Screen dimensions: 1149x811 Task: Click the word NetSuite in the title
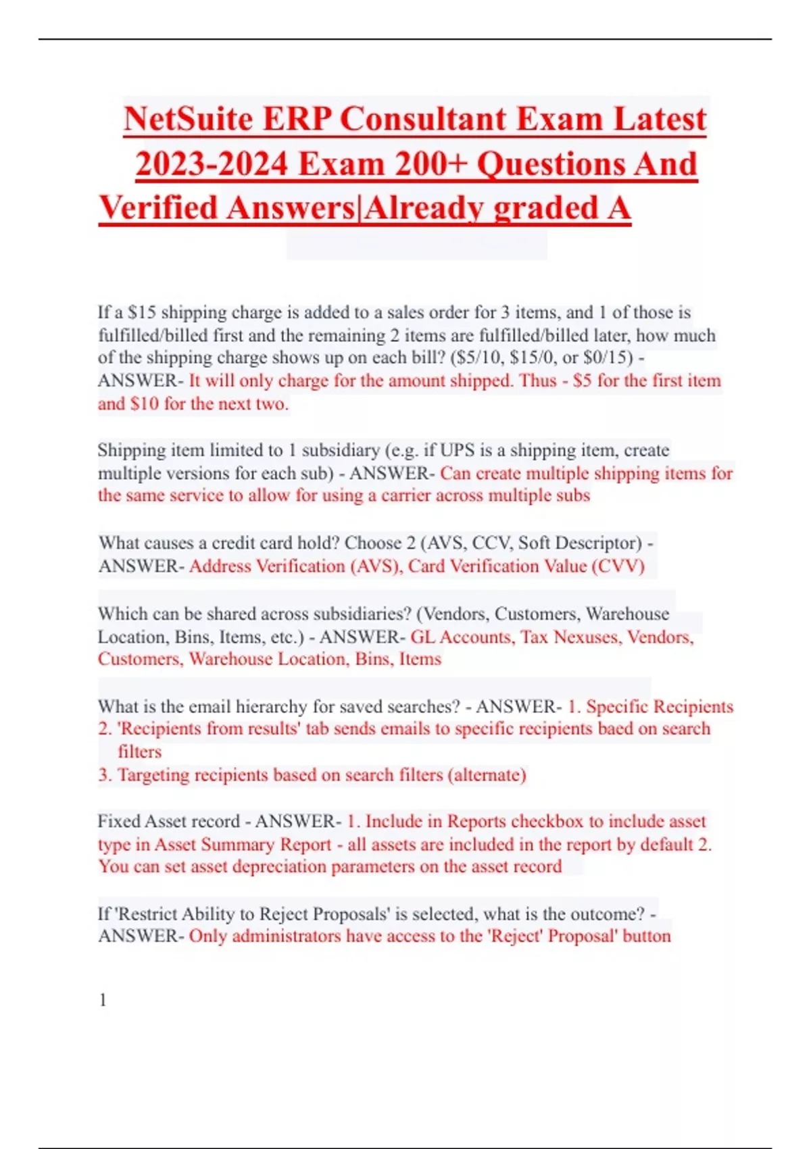pos(187,120)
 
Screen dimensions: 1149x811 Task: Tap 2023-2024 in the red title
pos(212,164)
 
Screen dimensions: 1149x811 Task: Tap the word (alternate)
pos(487,775)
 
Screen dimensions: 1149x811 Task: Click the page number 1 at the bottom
pos(103,1000)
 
